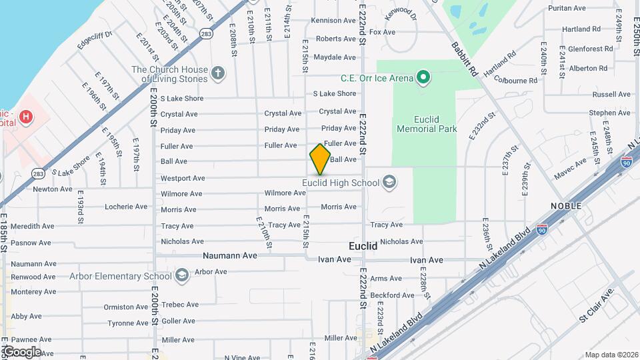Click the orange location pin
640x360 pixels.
(x=320, y=159)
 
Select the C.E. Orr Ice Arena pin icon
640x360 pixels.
(x=423, y=79)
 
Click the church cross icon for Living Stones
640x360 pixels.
(x=217, y=73)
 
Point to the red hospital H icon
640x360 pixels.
(x=26, y=118)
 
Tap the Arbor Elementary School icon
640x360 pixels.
(x=181, y=276)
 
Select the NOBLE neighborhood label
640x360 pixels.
(x=565, y=206)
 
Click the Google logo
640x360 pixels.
(x=21, y=351)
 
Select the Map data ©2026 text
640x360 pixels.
(x=611, y=355)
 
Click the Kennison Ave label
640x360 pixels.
(x=335, y=21)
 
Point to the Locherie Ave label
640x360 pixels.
(x=126, y=207)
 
